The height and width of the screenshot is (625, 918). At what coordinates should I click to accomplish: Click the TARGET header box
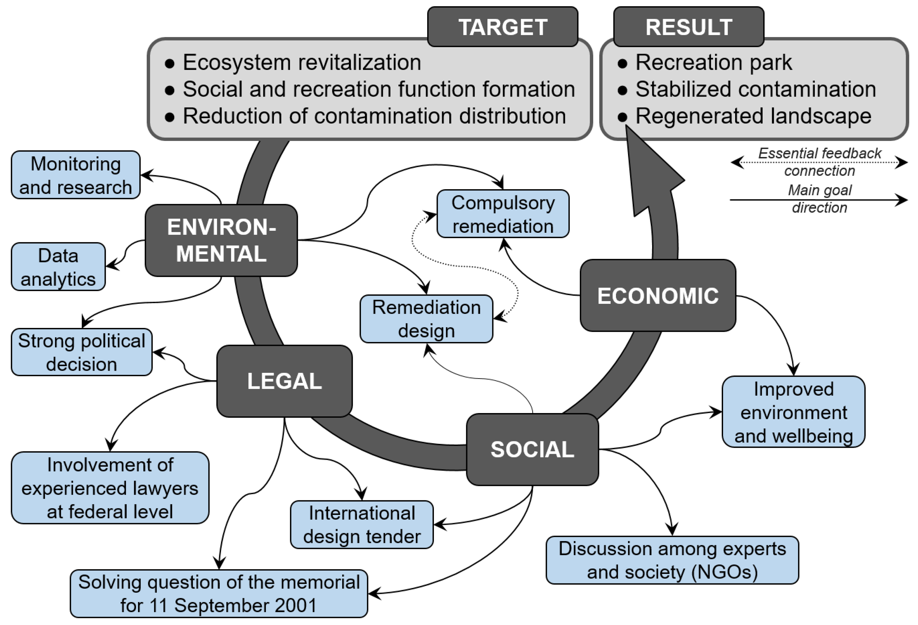pyautogui.click(x=502, y=27)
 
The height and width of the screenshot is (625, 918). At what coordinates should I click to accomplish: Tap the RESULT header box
pyautogui.click(x=689, y=27)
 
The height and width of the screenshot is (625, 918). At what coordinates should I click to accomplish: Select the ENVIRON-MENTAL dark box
pyautogui.click(x=221, y=240)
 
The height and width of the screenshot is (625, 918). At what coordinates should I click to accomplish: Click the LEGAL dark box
pyautogui.click(x=284, y=381)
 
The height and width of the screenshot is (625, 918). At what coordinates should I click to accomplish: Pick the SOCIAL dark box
pyautogui.click(x=532, y=450)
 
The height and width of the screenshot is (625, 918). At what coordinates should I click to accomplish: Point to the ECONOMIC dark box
pyautogui.click(x=658, y=295)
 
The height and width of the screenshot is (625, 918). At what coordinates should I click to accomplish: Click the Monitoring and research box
pyautogui.click(x=75, y=175)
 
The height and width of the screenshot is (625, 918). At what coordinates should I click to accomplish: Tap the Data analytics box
pyautogui.click(x=58, y=267)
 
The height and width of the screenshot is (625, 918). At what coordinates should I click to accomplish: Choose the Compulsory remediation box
pyautogui.click(x=503, y=214)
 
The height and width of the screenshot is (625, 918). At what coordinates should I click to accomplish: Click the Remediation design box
pyautogui.click(x=426, y=319)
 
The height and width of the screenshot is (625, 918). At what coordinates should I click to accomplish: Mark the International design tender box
pyautogui.click(x=362, y=524)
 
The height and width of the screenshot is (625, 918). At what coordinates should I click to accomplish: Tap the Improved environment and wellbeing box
pyautogui.click(x=793, y=412)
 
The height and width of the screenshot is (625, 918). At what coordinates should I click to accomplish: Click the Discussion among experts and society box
pyautogui.click(x=672, y=560)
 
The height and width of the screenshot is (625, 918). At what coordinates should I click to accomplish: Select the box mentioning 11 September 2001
pyautogui.click(x=219, y=593)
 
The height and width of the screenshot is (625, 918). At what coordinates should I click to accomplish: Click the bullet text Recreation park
pyautogui.click(x=713, y=62)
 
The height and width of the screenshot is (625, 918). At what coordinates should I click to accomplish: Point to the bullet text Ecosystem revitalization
pyautogui.click(x=302, y=62)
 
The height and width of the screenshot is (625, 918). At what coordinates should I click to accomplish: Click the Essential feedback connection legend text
pyautogui.click(x=819, y=162)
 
